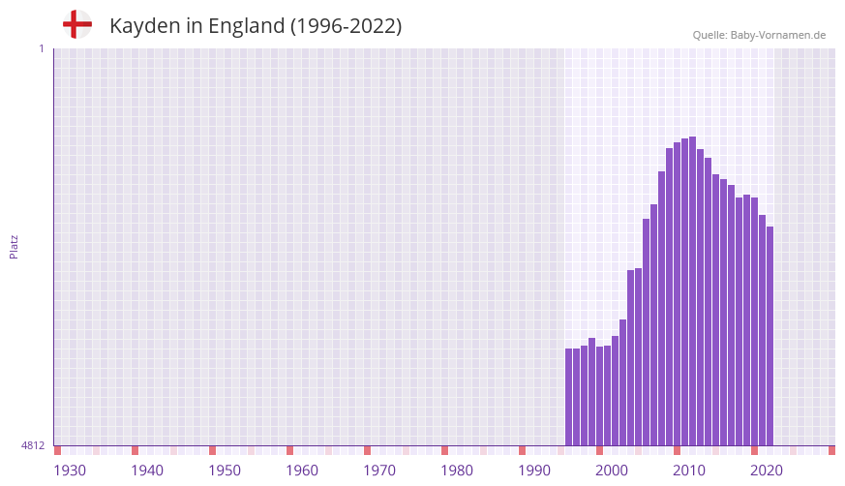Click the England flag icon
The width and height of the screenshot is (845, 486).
coord(76,24)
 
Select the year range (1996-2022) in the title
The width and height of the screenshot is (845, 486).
coord(346,26)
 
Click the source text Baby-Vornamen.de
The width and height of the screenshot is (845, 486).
coord(777,35)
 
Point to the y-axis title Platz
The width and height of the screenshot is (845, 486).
coord(14,246)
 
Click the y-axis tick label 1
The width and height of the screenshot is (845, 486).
coord(41,48)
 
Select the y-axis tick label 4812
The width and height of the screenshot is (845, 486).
coord(33,445)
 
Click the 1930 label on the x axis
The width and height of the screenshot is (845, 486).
coord(70,471)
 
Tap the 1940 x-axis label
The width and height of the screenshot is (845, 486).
coord(147,471)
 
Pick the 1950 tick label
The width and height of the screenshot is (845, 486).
coord(225,471)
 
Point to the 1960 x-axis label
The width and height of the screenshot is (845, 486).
coord(302,471)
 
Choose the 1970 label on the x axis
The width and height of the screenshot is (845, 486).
coord(379,471)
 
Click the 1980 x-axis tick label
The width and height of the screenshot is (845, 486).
coord(457,471)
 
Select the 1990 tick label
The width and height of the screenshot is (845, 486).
coord(534,471)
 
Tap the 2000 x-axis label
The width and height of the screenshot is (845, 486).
coord(612,471)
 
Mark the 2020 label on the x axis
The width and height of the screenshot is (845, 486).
coord(767,471)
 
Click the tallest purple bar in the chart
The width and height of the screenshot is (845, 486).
coord(692,290)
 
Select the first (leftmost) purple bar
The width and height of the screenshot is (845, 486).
coord(568,397)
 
